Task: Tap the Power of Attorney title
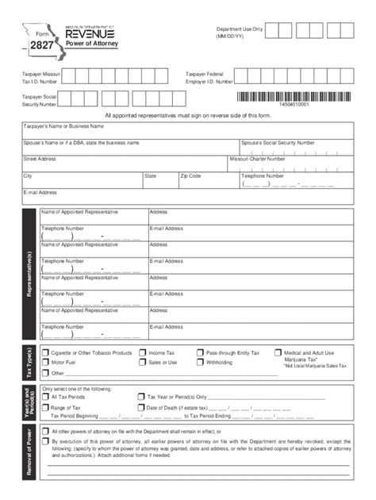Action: click(88, 44)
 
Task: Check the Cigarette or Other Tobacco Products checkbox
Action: click(45, 352)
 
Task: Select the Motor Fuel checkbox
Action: click(45, 362)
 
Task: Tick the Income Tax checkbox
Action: click(142, 352)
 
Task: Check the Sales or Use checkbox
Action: click(142, 362)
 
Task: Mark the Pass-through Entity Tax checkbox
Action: click(199, 352)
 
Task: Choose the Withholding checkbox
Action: click(199, 362)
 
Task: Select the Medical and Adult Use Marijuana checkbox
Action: click(278, 352)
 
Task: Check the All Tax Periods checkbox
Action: click(45, 396)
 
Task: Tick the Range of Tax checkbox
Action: click(45, 407)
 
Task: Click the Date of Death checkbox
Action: click(140, 407)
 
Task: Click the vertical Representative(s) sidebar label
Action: click(29, 273)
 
